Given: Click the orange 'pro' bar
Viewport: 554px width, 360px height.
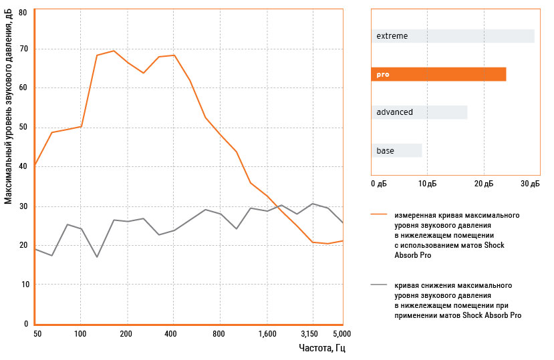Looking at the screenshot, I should (x=438, y=75).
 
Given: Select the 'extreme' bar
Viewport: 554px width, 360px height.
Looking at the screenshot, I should (x=452, y=36).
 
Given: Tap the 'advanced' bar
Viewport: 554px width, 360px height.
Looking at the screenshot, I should (x=419, y=112).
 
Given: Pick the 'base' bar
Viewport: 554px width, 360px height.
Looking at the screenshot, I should (x=396, y=151).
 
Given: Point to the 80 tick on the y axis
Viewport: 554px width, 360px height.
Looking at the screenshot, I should (x=23, y=12).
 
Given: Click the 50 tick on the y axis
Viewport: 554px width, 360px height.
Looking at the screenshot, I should (x=23, y=128).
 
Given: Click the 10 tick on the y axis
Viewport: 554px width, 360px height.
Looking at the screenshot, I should (x=23, y=285).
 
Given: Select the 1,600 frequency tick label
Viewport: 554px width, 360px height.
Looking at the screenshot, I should (x=267, y=333).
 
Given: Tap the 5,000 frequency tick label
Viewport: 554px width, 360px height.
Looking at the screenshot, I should (x=341, y=333).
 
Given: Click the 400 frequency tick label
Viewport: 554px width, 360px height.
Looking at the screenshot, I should (x=172, y=333).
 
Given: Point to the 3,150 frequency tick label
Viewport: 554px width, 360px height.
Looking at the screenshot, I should (x=310, y=333).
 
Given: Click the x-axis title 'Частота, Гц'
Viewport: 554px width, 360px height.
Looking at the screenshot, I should (x=322, y=348).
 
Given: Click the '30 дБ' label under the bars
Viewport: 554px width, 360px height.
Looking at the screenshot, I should (x=530, y=183).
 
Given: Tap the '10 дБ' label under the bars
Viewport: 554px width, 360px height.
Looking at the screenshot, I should (x=428, y=183).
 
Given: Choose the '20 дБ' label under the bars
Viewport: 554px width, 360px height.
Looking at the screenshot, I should (x=484, y=183).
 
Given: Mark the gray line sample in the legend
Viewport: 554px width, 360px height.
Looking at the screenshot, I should (x=379, y=285).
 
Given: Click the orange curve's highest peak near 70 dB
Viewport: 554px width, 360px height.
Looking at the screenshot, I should (x=114, y=51).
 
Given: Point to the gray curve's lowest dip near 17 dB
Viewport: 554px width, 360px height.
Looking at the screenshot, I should (x=97, y=256).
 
